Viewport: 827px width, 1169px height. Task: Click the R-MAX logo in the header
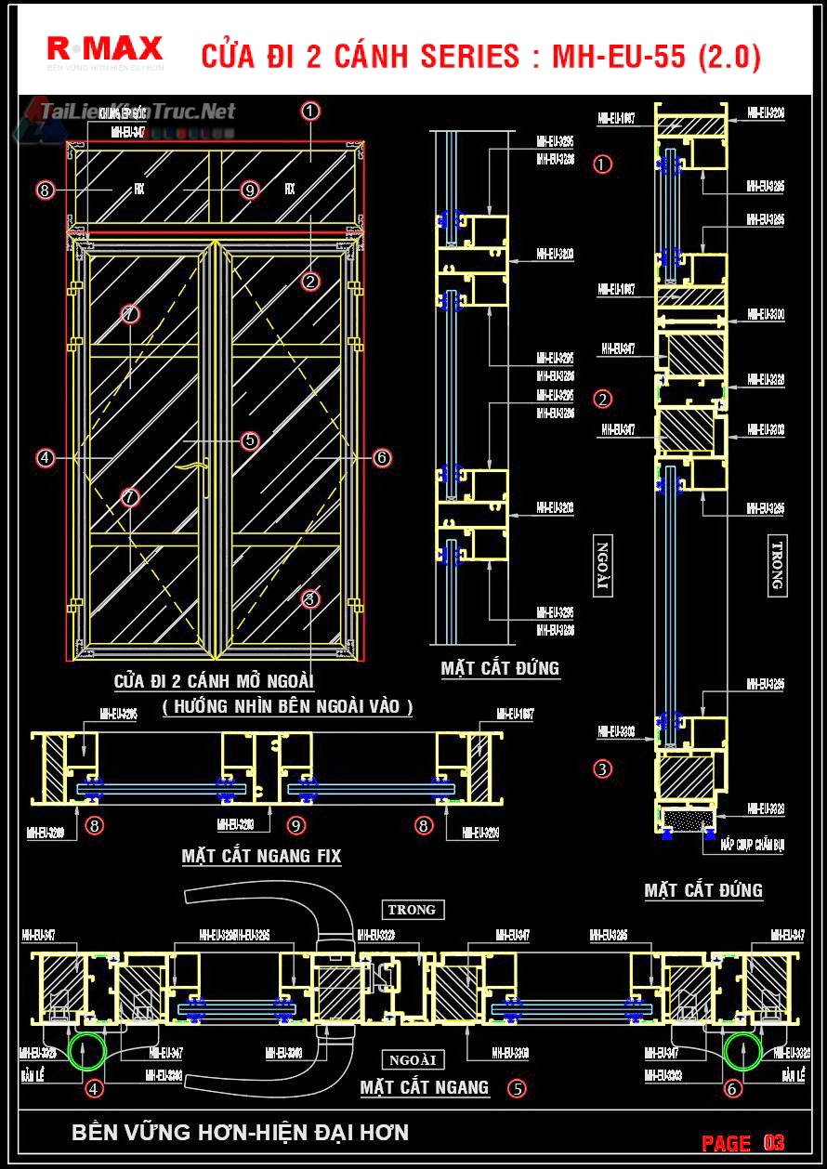click(104, 49)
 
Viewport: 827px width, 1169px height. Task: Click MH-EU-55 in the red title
click(619, 58)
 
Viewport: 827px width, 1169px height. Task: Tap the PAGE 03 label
click(742, 1142)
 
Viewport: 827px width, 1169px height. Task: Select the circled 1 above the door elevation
click(310, 111)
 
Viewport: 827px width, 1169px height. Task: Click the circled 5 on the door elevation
click(249, 440)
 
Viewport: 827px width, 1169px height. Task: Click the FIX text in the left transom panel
click(139, 189)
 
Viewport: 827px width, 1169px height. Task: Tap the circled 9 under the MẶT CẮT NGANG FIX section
click(296, 824)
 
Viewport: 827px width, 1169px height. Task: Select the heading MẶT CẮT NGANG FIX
click(261, 856)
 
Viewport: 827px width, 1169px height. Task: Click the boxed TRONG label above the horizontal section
click(413, 910)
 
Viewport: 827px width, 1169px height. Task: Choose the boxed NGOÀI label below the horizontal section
click(413, 1059)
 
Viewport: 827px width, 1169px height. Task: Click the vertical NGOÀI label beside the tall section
click(603, 566)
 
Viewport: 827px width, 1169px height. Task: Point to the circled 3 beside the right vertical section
click(603, 768)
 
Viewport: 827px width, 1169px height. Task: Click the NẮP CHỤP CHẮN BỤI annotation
click(751, 847)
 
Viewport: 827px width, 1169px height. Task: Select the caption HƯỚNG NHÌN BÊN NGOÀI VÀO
click(287, 707)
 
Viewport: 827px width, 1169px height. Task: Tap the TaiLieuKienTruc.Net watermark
click(137, 112)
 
